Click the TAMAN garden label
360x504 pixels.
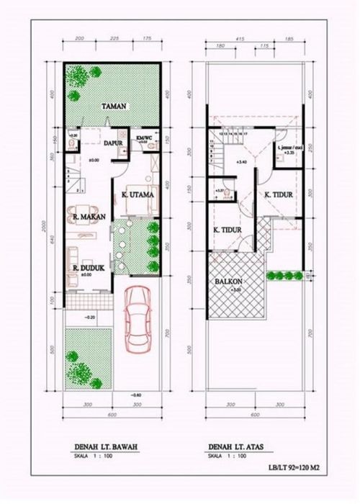click(114, 107)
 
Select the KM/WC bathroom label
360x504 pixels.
click(143, 138)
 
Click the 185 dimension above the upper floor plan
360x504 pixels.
click(289, 37)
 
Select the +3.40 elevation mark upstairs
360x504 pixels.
click(240, 163)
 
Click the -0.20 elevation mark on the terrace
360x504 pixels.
click(90, 317)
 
